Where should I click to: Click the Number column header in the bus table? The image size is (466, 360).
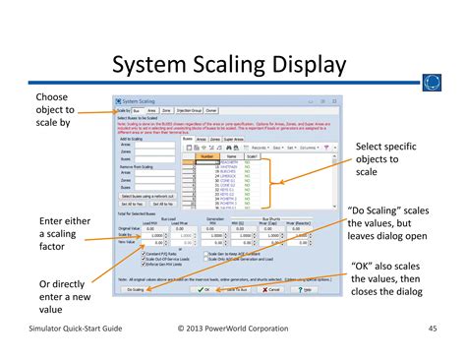tap(206, 156)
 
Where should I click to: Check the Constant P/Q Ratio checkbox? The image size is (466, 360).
tap(147, 254)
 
